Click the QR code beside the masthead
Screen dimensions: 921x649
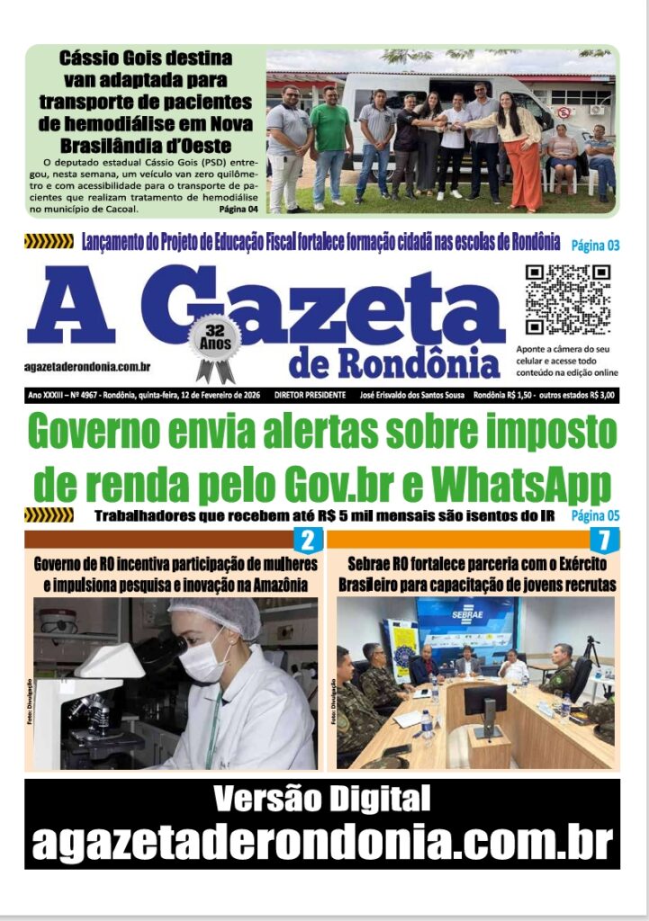pyautogui.click(x=568, y=300)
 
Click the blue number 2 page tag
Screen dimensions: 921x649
pyautogui.click(x=307, y=541)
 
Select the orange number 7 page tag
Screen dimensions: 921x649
pyautogui.click(x=604, y=541)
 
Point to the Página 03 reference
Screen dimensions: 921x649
pyautogui.click(x=596, y=245)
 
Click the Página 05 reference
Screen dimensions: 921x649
pyautogui.click(x=596, y=516)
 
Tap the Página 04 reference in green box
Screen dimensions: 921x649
pyautogui.click(x=239, y=210)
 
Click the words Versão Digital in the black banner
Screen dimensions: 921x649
pyautogui.click(x=322, y=798)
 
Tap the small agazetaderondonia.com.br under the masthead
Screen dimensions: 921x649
pyautogui.click(x=87, y=367)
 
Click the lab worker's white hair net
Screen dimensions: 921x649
pyautogui.click(x=216, y=615)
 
